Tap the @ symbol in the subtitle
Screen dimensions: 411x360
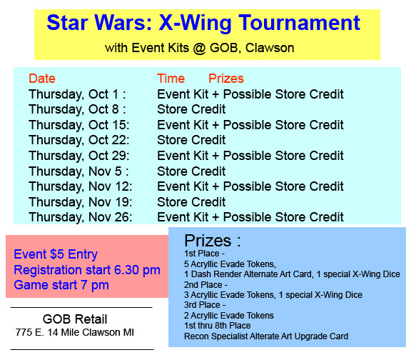[200, 49]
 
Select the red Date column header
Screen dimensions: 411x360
[42, 79]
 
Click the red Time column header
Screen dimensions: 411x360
[171, 79]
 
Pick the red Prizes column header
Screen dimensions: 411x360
[226, 79]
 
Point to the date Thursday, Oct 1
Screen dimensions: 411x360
[74, 94]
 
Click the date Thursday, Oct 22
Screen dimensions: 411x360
[78, 140]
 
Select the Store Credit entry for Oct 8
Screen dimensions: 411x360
[191, 109]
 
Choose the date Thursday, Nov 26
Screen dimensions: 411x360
[80, 217]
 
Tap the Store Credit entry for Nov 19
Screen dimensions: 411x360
[191, 202]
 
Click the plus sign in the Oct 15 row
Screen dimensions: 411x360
[215, 126]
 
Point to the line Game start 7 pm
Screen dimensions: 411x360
[61, 285]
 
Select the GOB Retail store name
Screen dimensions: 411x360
[75, 319]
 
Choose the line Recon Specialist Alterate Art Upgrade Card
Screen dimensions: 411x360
[266, 336]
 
